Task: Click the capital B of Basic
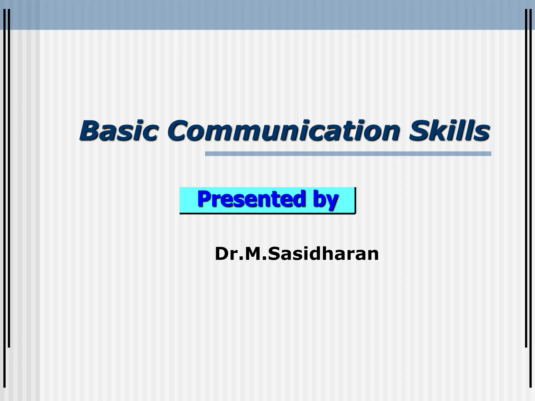coord(90,130)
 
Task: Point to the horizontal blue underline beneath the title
coord(348,154)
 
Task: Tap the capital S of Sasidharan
coord(274,254)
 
